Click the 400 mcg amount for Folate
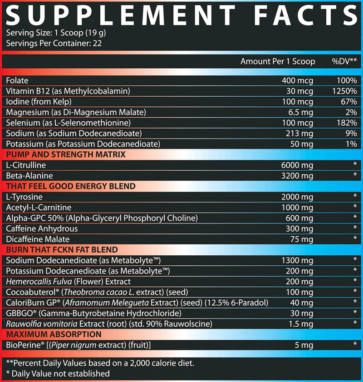pyautogui.click(x=298, y=80)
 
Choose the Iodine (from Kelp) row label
pyautogui.click(x=39, y=102)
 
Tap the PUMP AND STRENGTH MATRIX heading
pyautogui.click(x=66, y=154)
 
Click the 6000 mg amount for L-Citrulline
pyautogui.click(x=297, y=165)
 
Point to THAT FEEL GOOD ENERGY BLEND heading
pyautogui.click(x=71, y=186)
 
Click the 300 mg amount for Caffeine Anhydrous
pyautogui.click(x=299, y=228)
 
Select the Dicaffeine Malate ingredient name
pyautogui.click(x=39, y=239)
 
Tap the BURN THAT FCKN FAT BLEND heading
pyautogui.click(x=62, y=250)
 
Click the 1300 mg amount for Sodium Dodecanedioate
pyautogui.click(x=297, y=260)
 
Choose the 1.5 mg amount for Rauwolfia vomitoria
pyautogui.click(x=301, y=324)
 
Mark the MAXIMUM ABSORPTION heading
pyautogui.click(x=54, y=334)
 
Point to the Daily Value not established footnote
pyautogui.click(x=58, y=373)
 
